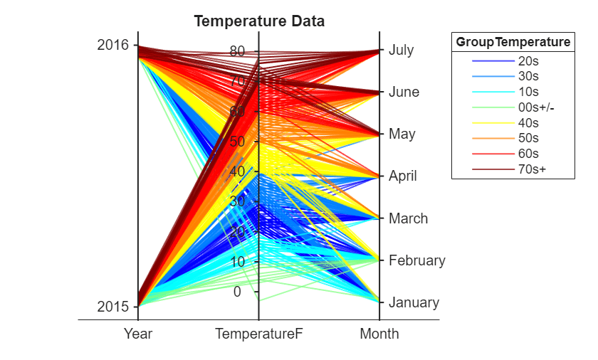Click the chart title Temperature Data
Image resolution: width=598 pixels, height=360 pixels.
[x=259, y=21]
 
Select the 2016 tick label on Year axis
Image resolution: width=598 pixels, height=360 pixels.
[x=112, y=45]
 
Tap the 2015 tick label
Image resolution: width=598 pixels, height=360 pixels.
[x=112, y=307]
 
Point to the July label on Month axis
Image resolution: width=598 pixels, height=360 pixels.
[x=401, y=51]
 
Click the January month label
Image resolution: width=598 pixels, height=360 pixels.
[x=414, y=302]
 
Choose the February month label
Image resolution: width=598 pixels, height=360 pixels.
[x=416, y=260]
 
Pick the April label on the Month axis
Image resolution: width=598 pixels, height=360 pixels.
[x=402, y=176]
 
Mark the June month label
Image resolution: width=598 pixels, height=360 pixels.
[x=404, y=92]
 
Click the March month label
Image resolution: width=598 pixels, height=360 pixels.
[x=408, y=218]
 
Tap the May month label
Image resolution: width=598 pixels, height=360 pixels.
[x=402, y=134]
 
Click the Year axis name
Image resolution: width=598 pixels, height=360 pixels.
[x=138, y=334]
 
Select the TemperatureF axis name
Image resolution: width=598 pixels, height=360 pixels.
[x=258, y=334]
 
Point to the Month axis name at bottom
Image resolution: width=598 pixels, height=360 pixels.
[x=379, y=334]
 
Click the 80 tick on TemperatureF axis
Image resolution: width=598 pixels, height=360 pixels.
[x=237, y=51]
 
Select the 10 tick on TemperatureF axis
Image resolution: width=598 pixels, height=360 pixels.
[x=237, y=262]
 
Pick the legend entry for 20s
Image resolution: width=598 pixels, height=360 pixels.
[x=528, y=61]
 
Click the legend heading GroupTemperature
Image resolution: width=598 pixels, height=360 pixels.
[x=513, y=43]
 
